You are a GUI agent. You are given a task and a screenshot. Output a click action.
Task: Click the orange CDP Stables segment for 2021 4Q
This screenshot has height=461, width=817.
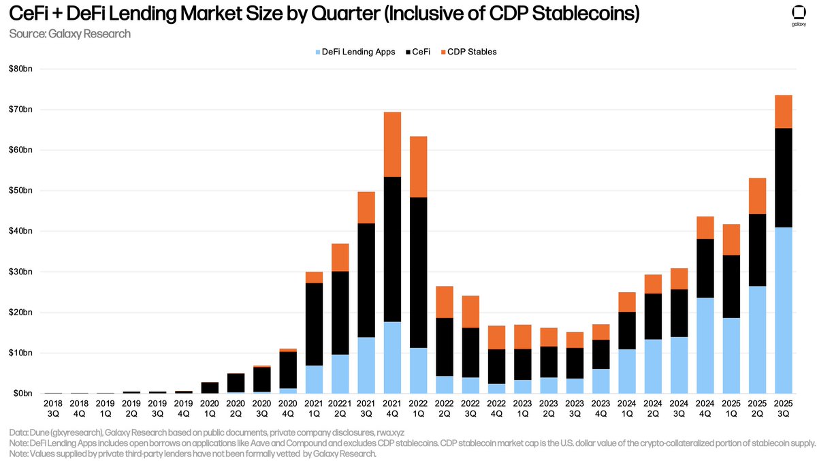pyautogui.click(x=392, y=144)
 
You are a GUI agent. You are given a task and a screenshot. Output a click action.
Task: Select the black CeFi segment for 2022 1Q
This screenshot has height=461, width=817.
pyautogui.click(x=418, y=272)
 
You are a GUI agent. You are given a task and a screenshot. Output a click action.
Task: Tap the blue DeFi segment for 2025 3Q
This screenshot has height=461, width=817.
pyautogui.click(x=783, y=310)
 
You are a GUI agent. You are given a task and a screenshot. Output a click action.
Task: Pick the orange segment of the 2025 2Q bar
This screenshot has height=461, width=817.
pyautogui.click(x=757, y=196)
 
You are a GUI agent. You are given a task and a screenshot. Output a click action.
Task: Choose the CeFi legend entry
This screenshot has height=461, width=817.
pyautogui.click(x=418, y=51)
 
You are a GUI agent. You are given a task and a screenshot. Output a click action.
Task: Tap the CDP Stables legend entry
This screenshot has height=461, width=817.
pyautogui.click(x=468, y=51)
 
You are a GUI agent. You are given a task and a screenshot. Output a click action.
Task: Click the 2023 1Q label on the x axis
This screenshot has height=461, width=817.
pyautogui.click(x=522, y=409)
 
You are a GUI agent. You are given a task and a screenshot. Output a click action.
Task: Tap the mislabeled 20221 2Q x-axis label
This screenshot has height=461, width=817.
pyautogui.click(x=340, y=409)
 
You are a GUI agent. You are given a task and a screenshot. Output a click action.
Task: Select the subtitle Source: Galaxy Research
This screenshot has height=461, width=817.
pyautogui.click(x=70, y=33)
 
